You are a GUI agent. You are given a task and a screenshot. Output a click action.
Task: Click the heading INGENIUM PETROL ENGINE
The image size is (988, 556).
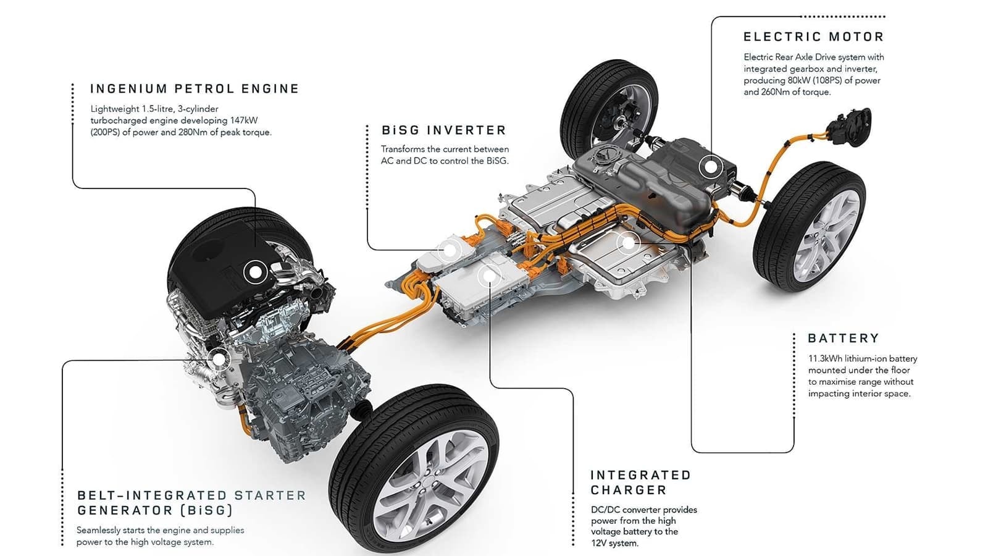[x=195, y=89]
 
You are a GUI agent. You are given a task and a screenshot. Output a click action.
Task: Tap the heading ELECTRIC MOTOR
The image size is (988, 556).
[x=813, y=37]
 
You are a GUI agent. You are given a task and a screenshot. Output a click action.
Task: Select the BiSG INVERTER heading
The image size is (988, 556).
[x=443, y=130]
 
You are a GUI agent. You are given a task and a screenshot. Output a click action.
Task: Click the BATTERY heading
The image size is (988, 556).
[x=843, y=339]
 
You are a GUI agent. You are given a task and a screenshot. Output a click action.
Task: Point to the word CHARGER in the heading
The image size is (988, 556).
[x=628, y=490]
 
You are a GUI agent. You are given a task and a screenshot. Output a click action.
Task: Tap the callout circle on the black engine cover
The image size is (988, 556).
[x=255, y=272]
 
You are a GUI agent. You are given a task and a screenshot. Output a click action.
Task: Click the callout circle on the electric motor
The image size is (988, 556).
[x=711, y=167]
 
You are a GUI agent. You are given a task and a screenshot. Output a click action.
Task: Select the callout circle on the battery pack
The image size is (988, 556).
[x=628, y=243]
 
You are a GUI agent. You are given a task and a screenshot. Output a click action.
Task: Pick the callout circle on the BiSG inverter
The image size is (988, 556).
[x=450, y=250]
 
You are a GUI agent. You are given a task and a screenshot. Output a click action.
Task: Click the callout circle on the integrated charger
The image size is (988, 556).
[x=488, y=276]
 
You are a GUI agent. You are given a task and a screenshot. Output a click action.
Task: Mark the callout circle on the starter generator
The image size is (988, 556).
[x=219, y=358]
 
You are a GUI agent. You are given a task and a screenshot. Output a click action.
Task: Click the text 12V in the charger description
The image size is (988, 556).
[x=599, y=543]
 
